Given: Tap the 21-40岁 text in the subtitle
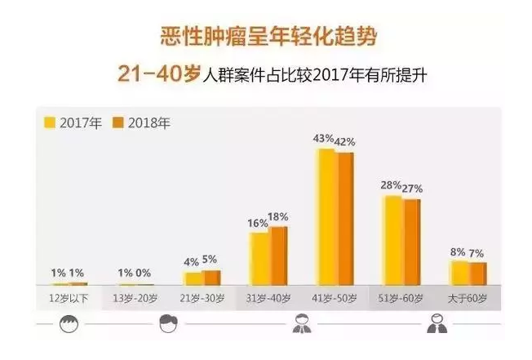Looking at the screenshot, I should pos(158,75).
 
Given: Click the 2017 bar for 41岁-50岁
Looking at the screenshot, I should pos(326,216).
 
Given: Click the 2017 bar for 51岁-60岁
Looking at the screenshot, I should pos(393,240).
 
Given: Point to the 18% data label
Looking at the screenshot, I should pos(278,216).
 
